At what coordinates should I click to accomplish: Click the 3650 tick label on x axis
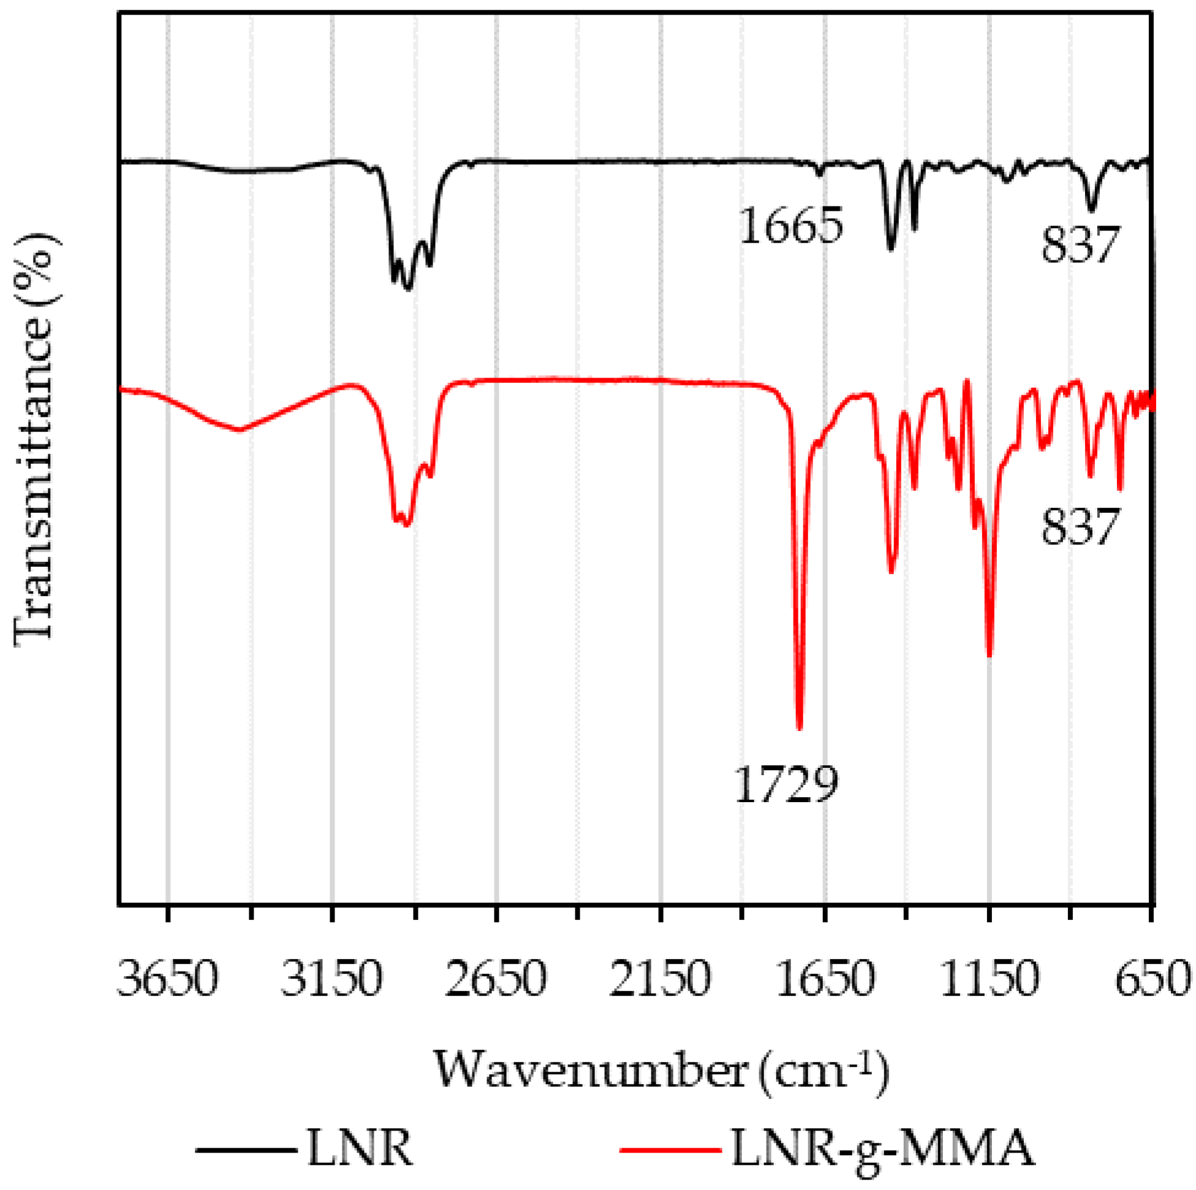(x=168, y=979)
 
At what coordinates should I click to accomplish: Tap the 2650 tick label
(x=496, y=979)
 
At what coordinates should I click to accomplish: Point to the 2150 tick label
(x=660, y=979)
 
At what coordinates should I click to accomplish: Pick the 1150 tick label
(x=990, y=979)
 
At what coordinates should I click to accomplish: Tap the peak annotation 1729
(x=786, y=784)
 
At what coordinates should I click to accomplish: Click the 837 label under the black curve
(x=1080, y=245)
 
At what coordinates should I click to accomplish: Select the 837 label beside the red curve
(x=1080, y=527)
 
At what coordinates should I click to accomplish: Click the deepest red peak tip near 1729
(x=800, y=729)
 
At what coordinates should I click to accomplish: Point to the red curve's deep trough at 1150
(x=990, y=655)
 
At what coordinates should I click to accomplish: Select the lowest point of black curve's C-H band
(x=407, y=288)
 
